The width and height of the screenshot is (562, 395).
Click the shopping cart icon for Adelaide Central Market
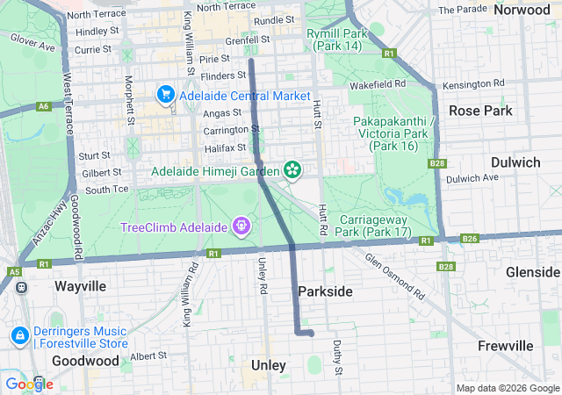click(x=165, y=94)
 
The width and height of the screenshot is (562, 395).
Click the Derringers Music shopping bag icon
click(x=19, y=335)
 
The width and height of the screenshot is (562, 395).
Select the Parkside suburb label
click(x=325, y=291)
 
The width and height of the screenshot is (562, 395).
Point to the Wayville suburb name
click(x=80, y=286)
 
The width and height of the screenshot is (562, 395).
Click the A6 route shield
click(x=44, y=105)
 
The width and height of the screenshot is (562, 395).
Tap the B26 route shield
click(x=470, y=239)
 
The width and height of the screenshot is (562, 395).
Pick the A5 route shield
click(x=15, y=272)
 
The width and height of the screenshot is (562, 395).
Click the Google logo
click(x=29, y=384)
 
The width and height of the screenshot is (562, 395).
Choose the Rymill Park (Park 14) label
click(x=337, y=39)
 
